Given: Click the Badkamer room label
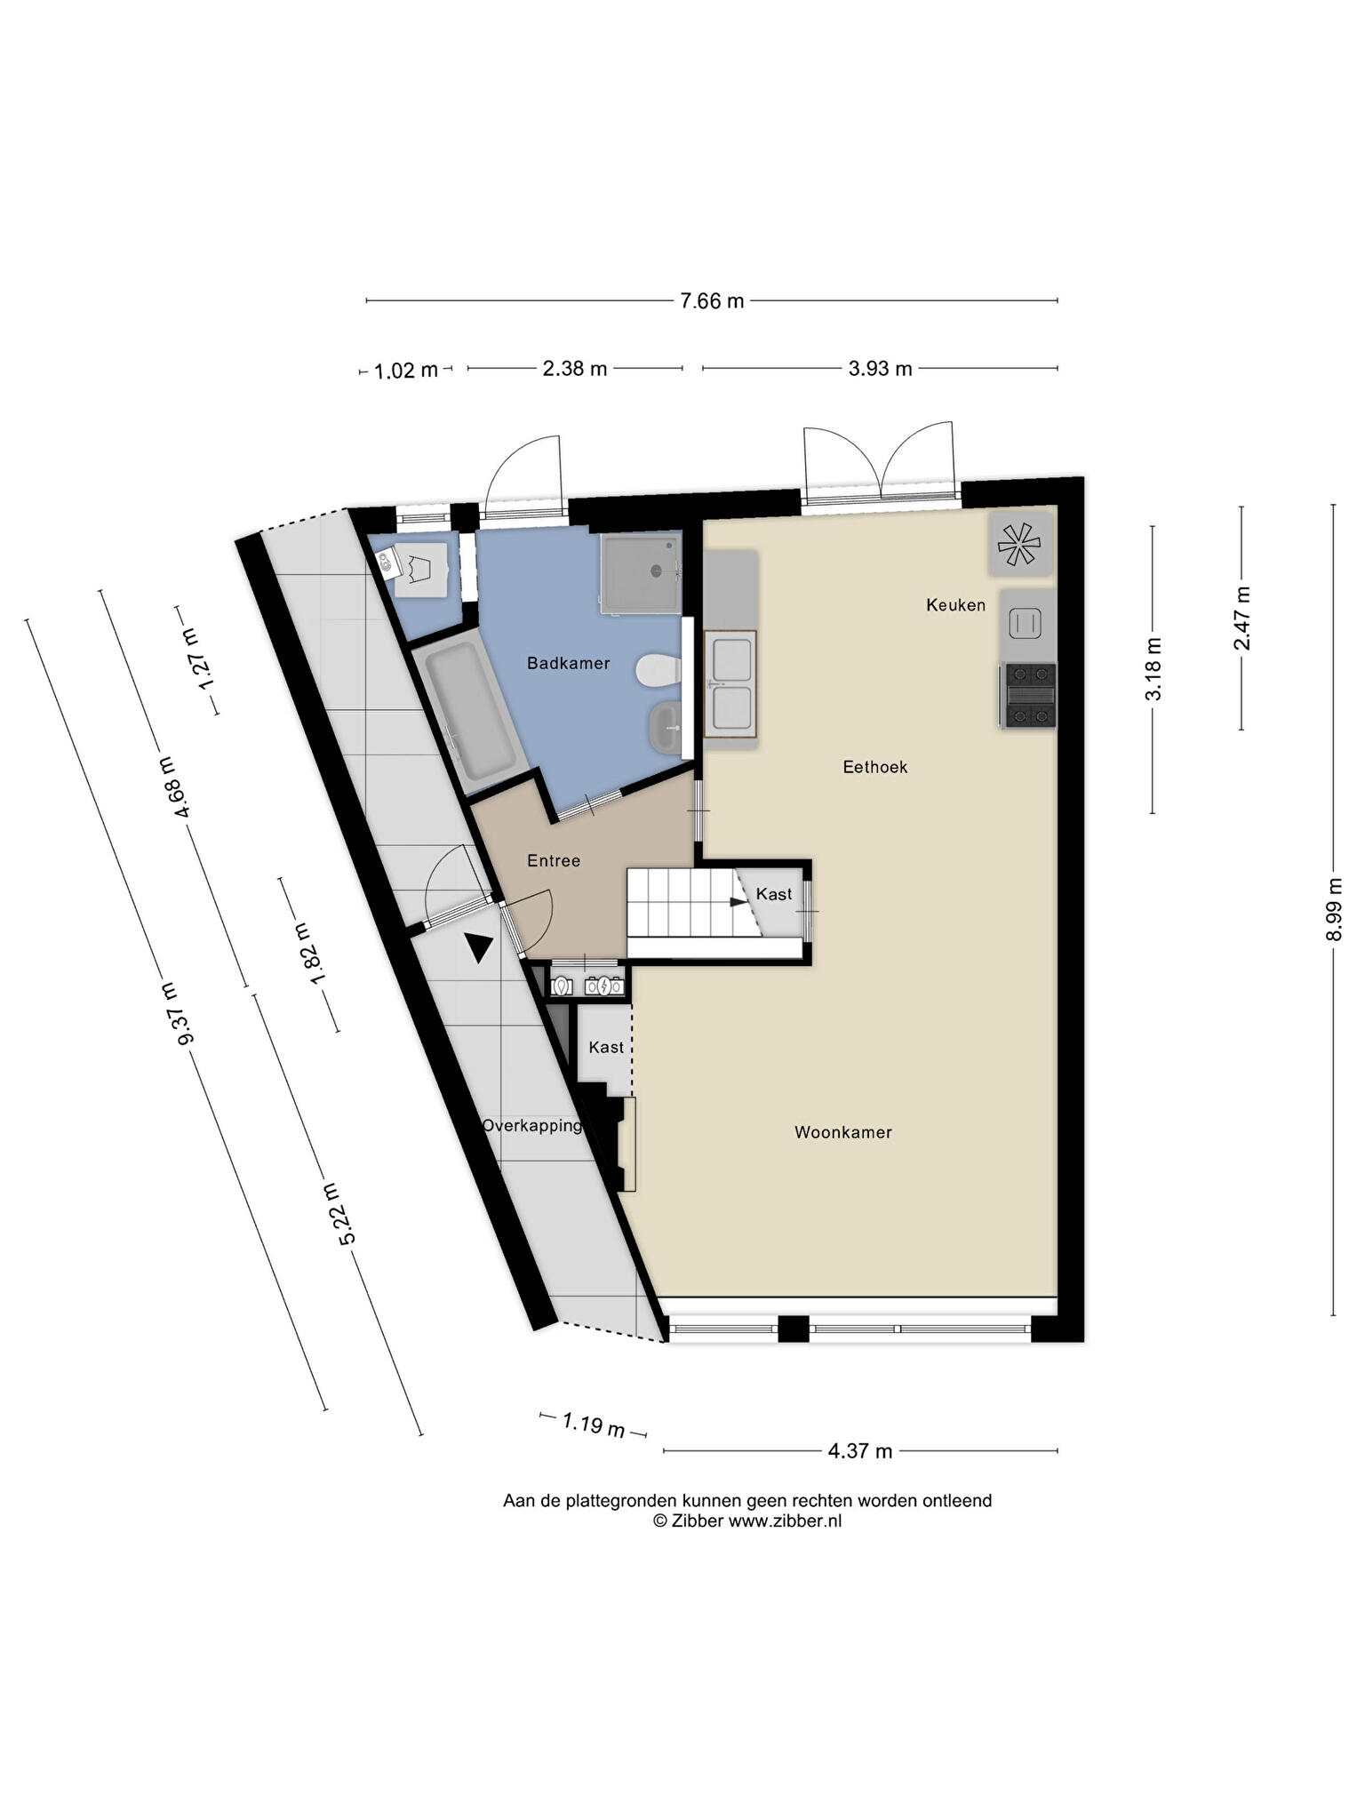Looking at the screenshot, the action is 568,663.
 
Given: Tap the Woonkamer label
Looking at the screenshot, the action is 842,1132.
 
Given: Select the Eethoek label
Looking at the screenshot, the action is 875,767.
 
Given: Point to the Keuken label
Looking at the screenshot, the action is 955,605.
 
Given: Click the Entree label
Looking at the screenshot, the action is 554,860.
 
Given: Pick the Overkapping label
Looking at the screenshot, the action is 531,1126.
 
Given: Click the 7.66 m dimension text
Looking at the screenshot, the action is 712,301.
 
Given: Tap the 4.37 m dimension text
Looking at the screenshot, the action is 860,1451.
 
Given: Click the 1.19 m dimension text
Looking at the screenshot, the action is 594,1425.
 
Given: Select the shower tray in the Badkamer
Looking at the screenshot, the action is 642,573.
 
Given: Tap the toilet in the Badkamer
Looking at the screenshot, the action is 659,670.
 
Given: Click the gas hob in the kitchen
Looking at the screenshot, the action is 1029,695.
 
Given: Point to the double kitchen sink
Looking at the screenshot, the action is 731,684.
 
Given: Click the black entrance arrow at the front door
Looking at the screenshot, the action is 479,948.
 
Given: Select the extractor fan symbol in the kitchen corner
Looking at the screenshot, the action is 1019,543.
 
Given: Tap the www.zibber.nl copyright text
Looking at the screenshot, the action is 747,1521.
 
